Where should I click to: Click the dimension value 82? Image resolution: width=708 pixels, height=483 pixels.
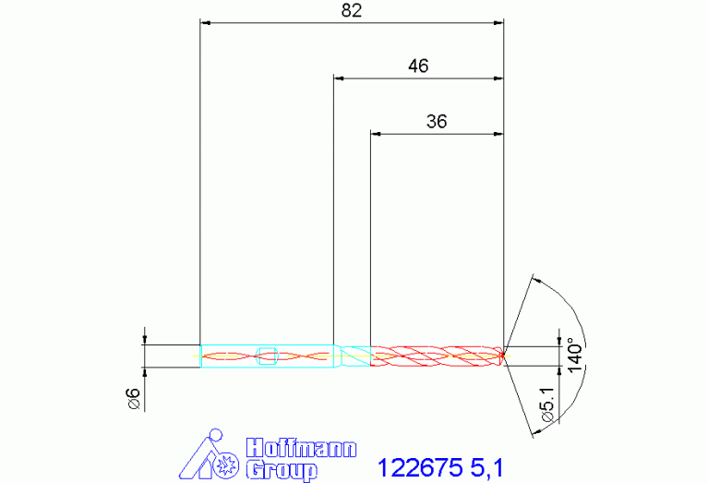click(x=352, y=10)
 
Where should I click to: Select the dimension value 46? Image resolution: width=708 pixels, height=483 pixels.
click(x=418, y=66)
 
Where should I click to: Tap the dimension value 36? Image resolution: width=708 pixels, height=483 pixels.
click(x=437, y=122)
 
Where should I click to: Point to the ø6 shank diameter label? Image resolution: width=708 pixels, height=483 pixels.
click(x=135, y=399)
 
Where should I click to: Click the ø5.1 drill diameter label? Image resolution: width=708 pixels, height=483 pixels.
click(x=547, y=405)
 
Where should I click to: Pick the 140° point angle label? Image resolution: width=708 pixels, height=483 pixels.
click(x=575, y=356)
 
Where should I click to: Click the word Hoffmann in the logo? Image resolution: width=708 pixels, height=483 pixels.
click(x=301, y=448)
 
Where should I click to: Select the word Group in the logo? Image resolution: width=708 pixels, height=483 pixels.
click(x=282, y=470)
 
